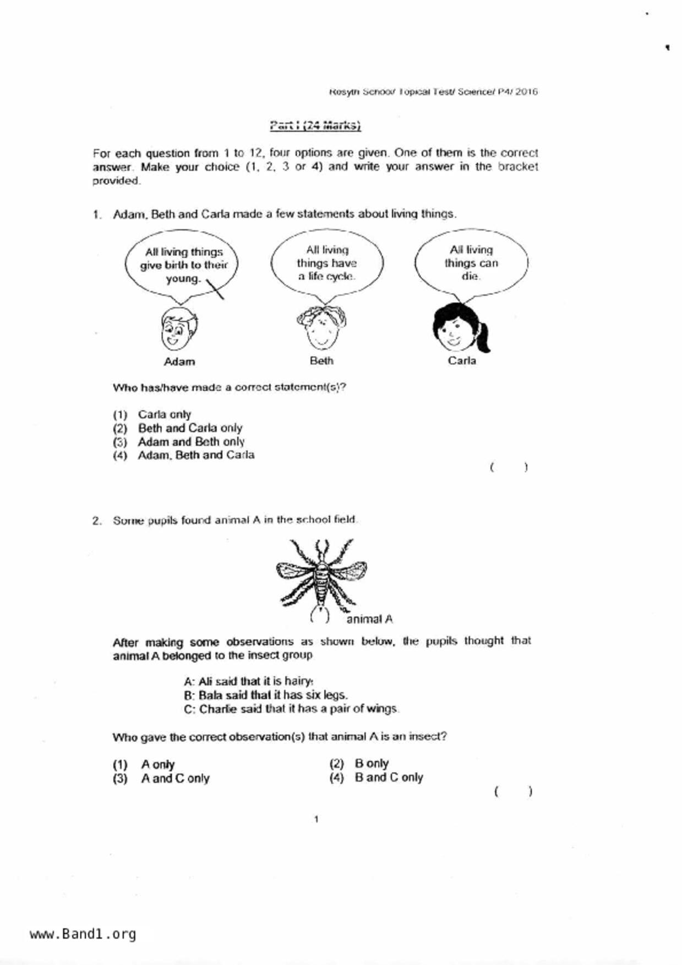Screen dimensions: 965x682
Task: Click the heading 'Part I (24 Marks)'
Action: [x=315, y=125]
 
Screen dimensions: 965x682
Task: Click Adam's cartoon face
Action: [x=179, y=329]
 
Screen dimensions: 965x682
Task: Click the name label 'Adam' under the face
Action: [x=179, y=361]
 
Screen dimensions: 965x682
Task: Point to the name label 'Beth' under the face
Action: [x=321, y=361]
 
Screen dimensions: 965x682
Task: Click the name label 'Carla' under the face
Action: [x=461, y=361]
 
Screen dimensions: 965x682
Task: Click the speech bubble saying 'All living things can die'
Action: [x=471, y=264]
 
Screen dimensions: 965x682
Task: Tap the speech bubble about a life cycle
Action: [x=327, y=264]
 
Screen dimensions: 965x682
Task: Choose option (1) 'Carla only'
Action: [x=164, y=414]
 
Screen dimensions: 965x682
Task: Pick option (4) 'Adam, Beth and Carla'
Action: [x=195, y=455]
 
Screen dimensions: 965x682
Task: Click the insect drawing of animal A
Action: [x=321, y=578]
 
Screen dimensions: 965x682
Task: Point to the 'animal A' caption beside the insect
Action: [x=369, y=619]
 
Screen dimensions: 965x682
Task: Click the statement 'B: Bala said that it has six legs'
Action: [x=265, y=695]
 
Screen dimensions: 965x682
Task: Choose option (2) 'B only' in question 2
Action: [x=371, y=764]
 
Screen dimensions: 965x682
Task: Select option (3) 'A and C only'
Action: [x=174, y=778]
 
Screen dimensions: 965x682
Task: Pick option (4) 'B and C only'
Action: [x=388, y=777]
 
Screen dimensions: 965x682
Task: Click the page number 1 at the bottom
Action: [x=316, y=820]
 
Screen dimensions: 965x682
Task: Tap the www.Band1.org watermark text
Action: [x=83, y=934]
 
